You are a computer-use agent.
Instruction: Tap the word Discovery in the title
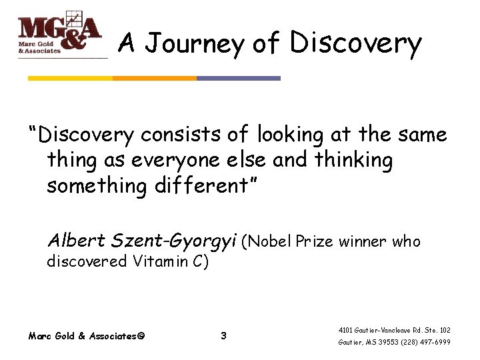355,43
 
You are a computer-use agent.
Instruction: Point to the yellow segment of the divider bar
70,78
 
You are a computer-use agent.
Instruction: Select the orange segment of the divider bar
154,78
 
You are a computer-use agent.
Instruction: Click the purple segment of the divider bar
239,78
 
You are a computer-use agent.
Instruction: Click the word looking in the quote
290,135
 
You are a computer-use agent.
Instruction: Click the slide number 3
223,336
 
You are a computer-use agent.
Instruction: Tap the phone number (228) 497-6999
425,342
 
